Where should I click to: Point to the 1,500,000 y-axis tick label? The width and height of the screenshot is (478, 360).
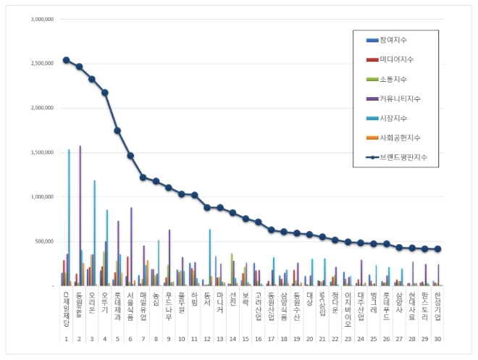tap(42, 152)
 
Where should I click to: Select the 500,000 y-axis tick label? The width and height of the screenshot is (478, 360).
tap(44, 241)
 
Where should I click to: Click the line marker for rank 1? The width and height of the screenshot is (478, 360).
tap(66, 60)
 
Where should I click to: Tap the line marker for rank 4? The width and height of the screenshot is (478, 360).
tap(104, 92)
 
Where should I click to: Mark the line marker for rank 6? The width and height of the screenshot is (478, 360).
tap(130, 155)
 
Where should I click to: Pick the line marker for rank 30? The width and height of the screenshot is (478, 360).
tap(438, 249)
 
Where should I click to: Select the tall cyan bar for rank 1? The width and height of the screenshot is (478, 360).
tap(69, 217)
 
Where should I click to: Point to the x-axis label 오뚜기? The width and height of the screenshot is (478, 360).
tap(105, 304)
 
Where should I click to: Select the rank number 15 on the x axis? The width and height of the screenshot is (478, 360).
tap(246, 338)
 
